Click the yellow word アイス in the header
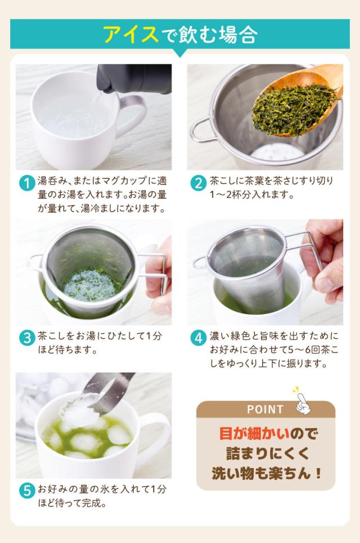[131, 34]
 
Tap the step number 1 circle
[27, 183]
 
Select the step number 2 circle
[199, 183]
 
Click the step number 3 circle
[27, 338]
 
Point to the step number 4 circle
[199, 338]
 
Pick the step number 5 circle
[27, 491]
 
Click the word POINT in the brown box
[265, 409]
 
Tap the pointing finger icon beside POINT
[303, 402]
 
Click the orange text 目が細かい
[254, 434]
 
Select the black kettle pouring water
[134, 78]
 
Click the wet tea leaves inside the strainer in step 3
[89, 285]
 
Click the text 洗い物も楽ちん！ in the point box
[267, 473]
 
